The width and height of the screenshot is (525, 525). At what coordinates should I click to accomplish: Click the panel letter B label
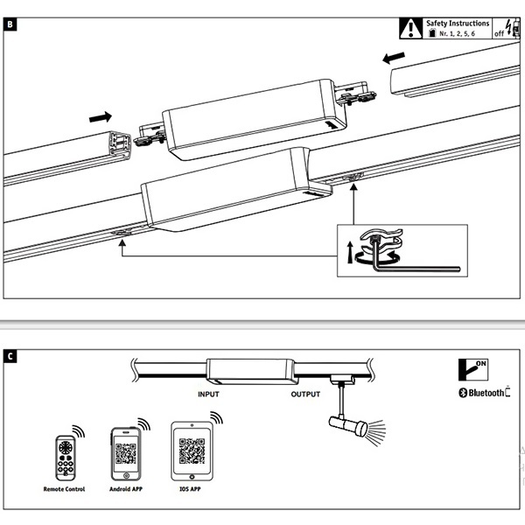[9, 23]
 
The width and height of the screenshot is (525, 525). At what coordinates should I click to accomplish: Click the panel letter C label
[9, 356]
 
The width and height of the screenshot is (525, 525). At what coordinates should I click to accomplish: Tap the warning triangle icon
[409, 27]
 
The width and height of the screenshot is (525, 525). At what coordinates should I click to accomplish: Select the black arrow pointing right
[101, 115]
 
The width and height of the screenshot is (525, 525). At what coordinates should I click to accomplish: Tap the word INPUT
[208, 395]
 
